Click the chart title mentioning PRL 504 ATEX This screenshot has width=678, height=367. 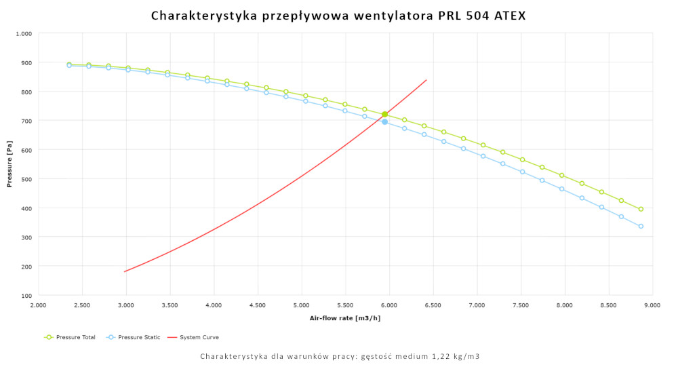tap(338, 15)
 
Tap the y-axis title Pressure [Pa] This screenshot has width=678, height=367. tap(9, 163)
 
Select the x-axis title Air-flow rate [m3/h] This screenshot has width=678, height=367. tap(345, 317)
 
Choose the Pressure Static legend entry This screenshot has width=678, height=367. tap(135, 337)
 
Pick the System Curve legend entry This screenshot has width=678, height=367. tap(197, 337)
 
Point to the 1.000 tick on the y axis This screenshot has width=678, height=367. tap(24, 33)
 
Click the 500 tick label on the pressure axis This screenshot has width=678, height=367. tap(26, 179)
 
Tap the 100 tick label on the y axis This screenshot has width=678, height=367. tap(26, 296)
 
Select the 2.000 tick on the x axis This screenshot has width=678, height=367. tap(39, 306)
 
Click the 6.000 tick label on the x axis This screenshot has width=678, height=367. tap(389, 306)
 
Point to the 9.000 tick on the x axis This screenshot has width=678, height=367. tap(652, 306)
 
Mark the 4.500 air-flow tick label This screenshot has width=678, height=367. tap(258, 306)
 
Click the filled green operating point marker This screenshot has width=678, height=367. tap(384, 114)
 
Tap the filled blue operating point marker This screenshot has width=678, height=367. tap(384, 122)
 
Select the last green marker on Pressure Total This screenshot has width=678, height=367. tap(641, 209)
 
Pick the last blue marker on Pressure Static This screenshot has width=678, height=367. tap(641, 227)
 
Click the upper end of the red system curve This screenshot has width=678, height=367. tap(426, 80)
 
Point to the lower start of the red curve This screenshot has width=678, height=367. tap(125, 272)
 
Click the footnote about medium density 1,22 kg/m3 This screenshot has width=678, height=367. tap(340, 356)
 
